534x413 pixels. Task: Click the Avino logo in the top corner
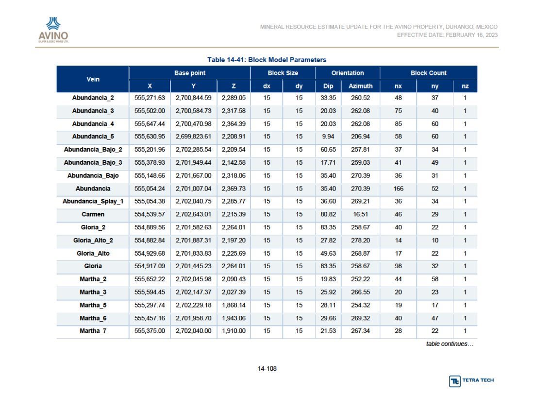pos(53,30)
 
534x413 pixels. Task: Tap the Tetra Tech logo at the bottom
pos(471,380)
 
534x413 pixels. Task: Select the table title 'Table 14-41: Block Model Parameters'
pos(267,60)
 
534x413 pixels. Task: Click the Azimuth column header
pos(360,86)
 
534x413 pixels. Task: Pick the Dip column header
pos(328,86)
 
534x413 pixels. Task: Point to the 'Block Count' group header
pos(429,73)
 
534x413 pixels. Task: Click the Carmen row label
pos(93,214)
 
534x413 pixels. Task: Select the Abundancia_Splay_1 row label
pos(93,201)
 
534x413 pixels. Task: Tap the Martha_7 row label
pos(93,331)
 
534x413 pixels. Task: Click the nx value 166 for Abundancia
pos(398,189)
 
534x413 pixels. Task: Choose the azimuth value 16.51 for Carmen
pos(360,214)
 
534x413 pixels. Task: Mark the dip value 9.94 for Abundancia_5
pos(328,137)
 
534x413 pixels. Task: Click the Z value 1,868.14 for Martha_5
pos(234,305)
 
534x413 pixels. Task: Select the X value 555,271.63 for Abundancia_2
pos(150,98)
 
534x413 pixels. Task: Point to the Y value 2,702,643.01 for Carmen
pos(193,214)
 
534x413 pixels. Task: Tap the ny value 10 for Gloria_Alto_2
pos(435,240)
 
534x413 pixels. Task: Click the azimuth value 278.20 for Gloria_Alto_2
pos(360,240)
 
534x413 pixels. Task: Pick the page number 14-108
pos(267,369)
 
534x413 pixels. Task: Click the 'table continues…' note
pos(450,344)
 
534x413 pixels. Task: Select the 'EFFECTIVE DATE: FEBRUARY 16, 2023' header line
pos(447,35)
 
